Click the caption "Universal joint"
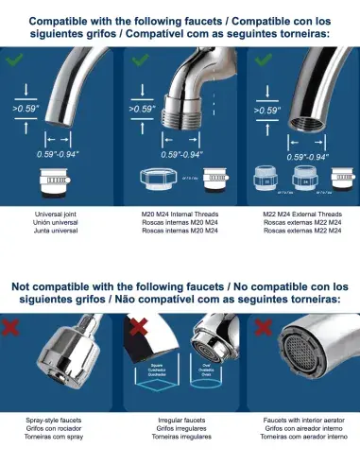[x=60, y=214]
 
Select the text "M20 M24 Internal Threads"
[x=180, y=214]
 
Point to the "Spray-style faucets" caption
[x=60, y=418]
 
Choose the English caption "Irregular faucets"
[x=180, y=418]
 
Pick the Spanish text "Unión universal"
[x=60, y=223]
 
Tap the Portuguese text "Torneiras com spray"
[x=60, y=437]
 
